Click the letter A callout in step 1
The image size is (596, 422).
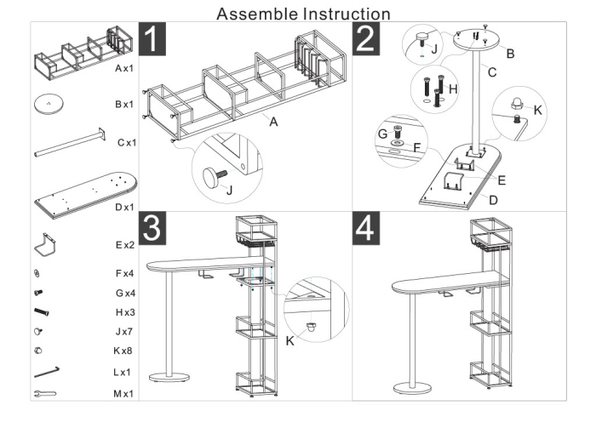coord(274,122)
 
